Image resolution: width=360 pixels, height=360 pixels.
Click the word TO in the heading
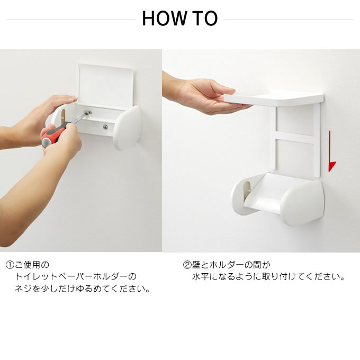(204, 19)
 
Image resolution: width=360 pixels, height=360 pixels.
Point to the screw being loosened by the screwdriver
(88, 112)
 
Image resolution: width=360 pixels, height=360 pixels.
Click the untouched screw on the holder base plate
(105, 127)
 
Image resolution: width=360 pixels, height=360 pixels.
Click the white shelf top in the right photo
(274, 97)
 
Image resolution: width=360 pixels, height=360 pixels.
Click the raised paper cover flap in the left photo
(106, 85)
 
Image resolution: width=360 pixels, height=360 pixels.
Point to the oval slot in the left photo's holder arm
(62, 115)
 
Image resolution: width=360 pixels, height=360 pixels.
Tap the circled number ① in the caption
(10, 265)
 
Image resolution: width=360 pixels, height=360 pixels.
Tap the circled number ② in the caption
(187, 265)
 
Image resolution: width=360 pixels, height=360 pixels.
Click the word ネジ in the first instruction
(23, 289)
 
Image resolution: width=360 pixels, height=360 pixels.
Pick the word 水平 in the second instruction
(201, 276)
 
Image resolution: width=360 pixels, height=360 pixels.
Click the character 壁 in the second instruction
(196, 265)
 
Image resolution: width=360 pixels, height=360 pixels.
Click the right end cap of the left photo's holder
(128, 128)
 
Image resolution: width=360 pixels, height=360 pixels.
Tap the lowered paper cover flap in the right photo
(264, 192)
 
